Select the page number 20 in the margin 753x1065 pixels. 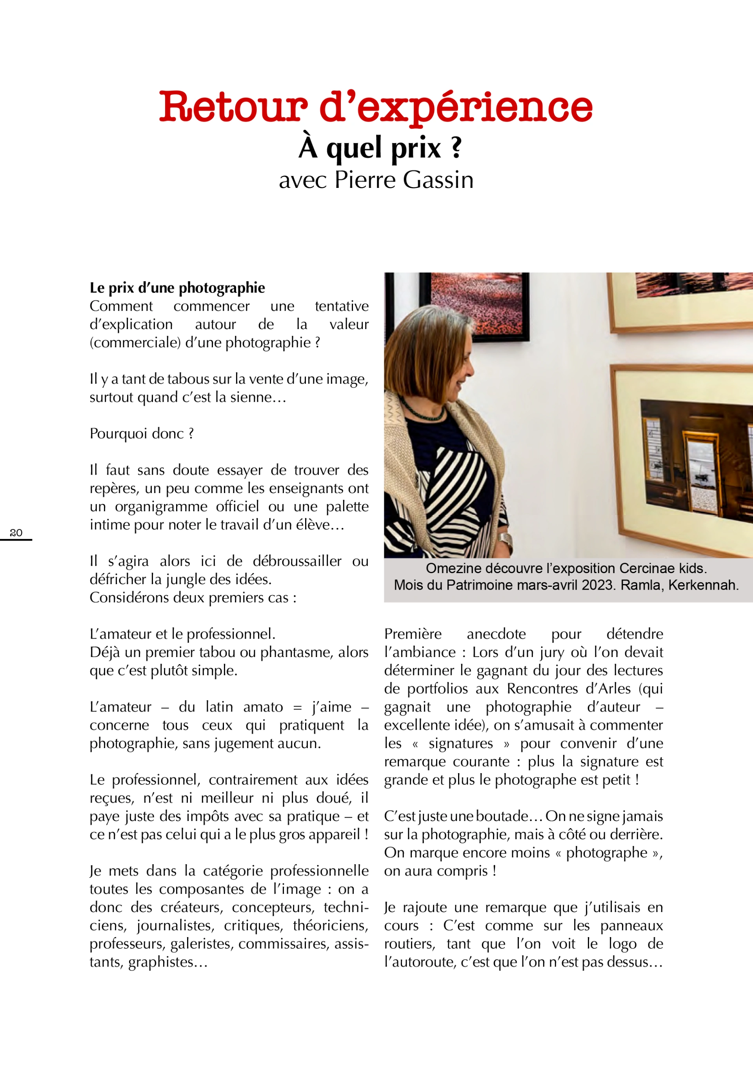pos(16,533)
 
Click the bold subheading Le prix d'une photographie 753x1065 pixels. pos(177,288)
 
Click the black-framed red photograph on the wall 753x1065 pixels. pos(480,307)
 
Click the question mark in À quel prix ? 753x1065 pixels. pos(457,147)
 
